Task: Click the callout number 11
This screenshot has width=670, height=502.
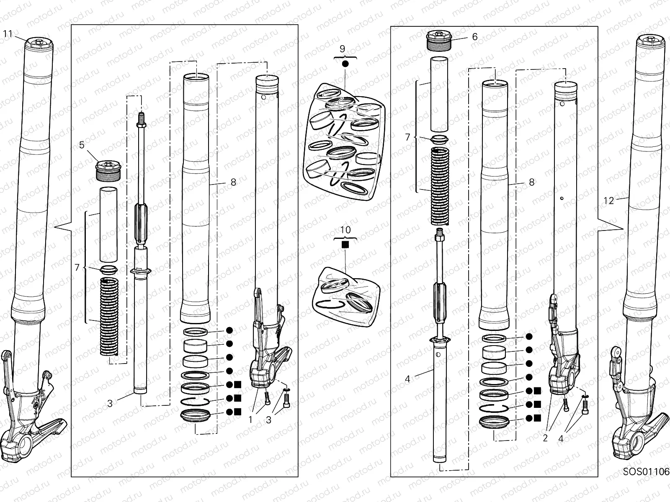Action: [x=8, y=33]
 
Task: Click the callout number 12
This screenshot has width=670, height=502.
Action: [x=609, y=201]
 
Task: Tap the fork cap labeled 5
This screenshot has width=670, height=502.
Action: [x=109, y=170]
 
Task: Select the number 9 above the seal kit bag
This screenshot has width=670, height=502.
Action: [x=342, y=49]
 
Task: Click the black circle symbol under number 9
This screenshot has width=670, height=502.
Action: [x=345, y=64]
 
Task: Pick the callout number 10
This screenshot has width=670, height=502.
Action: [x=345, y=230]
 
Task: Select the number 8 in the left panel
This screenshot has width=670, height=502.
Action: [x=233, y=182]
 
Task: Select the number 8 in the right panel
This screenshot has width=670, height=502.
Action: [x=532, y=182]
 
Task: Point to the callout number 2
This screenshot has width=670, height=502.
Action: [x=545, y=438]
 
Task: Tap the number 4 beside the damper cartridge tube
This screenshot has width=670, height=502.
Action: [x=407, y=379]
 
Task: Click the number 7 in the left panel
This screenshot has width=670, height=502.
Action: [x=77, y=267]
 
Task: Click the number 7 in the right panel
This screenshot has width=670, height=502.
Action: [x=407, y=136]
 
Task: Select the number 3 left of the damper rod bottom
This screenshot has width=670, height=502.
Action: [x=110, y=403]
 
